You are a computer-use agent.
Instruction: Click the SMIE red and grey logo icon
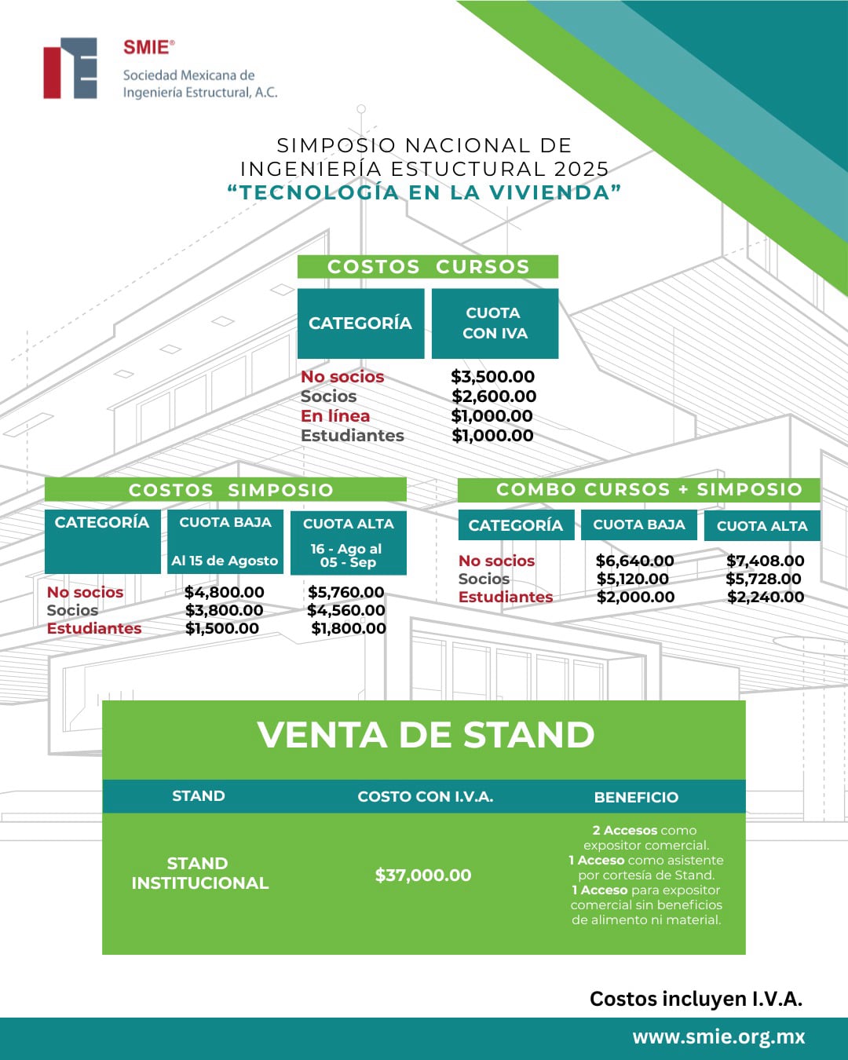coord(71,68)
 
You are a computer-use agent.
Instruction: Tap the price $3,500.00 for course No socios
coord(493,377)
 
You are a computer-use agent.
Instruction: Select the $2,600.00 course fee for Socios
coord(494,397)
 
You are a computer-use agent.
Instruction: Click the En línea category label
coord(335,416)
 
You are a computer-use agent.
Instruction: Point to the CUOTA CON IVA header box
coord(495,323)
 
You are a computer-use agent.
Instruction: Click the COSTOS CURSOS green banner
coord(428,267)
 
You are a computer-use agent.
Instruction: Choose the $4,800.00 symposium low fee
coord(225,592)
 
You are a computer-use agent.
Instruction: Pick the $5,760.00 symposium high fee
coord(346,592)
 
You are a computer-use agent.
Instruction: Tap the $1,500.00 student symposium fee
coord(222,628)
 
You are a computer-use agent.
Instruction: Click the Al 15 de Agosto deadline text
coord(225,561)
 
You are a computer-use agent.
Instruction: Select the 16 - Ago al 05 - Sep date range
coord(347,555)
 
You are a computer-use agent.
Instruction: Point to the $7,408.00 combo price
coord(765,561)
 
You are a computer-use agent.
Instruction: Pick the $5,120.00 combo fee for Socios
coord(633,579)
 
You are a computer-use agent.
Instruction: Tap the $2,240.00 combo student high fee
coord(766,597)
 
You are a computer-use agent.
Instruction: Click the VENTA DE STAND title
coord(426,735)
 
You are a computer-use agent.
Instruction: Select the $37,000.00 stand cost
coord(423,875)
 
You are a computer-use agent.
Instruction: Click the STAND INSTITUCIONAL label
coord(199,873)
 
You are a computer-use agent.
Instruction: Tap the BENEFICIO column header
coord(636,797)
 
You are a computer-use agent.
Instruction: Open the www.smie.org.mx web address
coord(718,1037)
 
